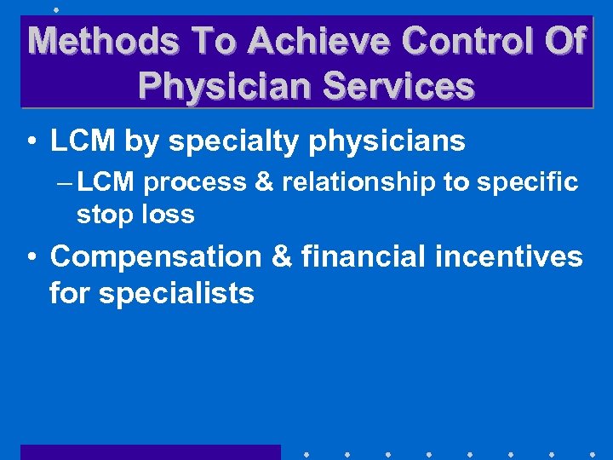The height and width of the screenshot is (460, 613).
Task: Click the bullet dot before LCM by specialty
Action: (30, 142)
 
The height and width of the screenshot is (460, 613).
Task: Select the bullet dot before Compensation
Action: (30, 256)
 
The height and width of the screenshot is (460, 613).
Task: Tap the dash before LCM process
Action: (66, 182)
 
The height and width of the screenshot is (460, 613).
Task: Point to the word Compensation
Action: (157, 256)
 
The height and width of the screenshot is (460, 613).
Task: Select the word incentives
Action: (517, 256)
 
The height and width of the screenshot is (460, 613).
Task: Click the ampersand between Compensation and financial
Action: (282, 256)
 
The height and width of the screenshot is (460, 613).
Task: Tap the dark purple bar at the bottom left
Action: (150, 452)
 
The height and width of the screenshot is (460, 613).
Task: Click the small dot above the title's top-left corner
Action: (55, 9)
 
